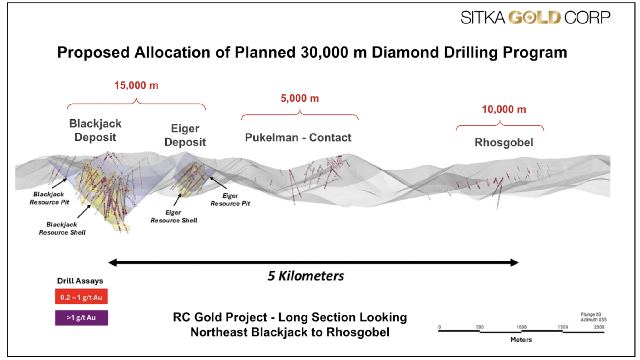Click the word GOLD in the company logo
[535, 18]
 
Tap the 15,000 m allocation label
[136, 85]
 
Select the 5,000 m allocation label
[300, 99]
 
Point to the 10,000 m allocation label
[504, 109]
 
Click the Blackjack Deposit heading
[95, 130]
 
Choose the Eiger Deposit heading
[185, 135]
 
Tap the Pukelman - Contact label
[298, 138]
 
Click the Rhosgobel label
[504, 143]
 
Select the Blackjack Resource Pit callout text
[49, 198]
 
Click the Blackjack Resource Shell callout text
[62, 228]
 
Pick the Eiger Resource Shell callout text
[174, 216]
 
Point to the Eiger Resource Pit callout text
[230, 200]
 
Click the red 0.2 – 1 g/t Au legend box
[81, 297]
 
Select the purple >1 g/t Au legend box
[81, 318]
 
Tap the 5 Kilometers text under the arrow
[306, 276]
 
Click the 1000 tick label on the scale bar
[521, 327]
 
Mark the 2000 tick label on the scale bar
[599, 327]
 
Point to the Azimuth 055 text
[593, 320]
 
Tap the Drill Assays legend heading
[80, 281]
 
